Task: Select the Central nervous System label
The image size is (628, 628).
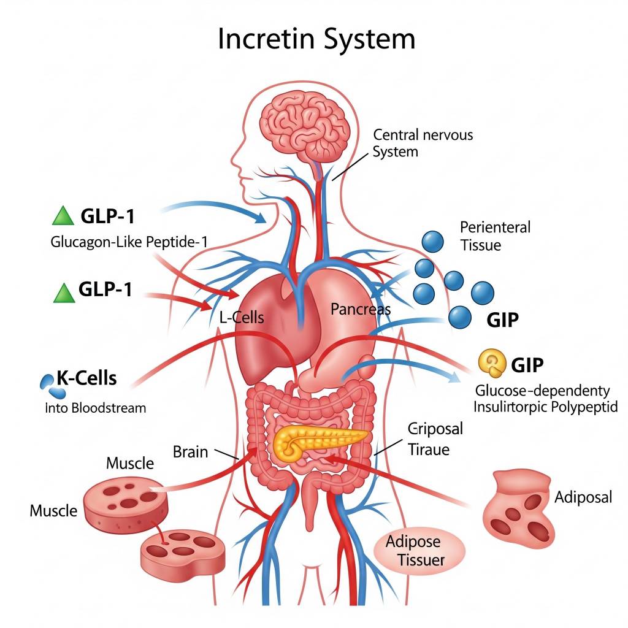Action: click(423, 142)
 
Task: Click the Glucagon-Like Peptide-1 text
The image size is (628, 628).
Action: click(128, 242)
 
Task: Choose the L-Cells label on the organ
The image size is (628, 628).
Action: click(242, 317)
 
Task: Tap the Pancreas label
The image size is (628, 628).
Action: click(361, 309)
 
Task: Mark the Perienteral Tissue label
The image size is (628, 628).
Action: click(494, 236)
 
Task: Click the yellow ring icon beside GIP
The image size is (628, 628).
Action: click(491, 364)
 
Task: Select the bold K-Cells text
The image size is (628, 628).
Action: click(86, 378)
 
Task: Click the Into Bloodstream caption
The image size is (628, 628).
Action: click(96, 407)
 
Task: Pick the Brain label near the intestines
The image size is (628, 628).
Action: click(190, 452)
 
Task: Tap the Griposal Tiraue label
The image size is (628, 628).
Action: click(435, 438)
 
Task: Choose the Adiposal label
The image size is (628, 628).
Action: click(583, 497)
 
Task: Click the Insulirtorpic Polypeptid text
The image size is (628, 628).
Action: click(546, 407)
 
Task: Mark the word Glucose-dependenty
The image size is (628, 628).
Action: click(543, 391)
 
